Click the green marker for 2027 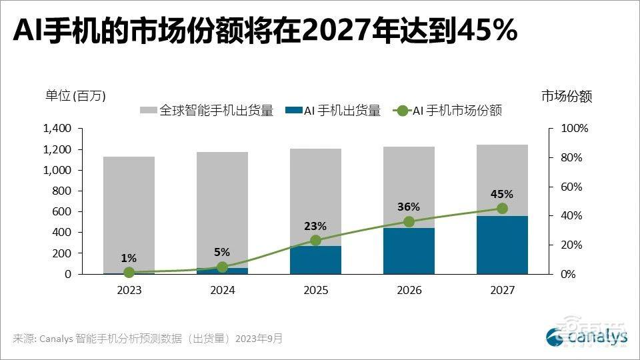pos(502,209)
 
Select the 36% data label pos(409,207)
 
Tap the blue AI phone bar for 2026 pos(409,251)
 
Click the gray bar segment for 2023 pos(129,213)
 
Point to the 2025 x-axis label pos(315,291)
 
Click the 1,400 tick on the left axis pos(57,129)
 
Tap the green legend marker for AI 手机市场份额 pos(401,111)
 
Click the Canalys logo pos(587,337)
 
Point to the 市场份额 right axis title pos(566,96)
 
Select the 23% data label pos(315,225)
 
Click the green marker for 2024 pos(222,267)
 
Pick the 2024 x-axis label pos(222,291)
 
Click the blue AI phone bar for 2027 pos(502,245)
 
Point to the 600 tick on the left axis pos(61,212)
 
